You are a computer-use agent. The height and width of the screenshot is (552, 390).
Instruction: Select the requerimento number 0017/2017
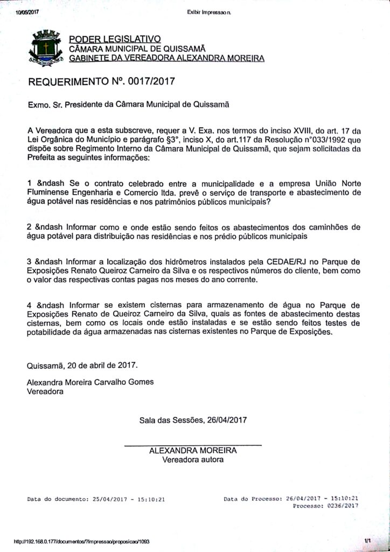[x=148, y=82]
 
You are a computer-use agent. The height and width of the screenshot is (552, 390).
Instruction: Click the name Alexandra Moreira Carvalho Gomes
[x=90, y=382]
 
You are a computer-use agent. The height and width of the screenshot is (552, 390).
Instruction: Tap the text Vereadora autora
[x=193, y=460]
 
